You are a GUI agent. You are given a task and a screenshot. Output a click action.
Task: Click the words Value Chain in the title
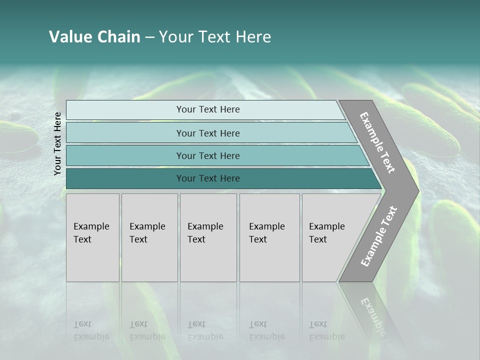pos(94,37)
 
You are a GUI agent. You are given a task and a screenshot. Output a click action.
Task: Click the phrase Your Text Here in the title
pos(215,37)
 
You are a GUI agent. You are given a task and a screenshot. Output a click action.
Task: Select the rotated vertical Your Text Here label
pos(57,143)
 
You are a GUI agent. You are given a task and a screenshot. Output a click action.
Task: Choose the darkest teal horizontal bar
pos(125,178)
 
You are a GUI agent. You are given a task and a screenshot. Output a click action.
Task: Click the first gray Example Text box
pos(92,237)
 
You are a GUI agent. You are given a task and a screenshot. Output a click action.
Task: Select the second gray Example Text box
pos(149,237)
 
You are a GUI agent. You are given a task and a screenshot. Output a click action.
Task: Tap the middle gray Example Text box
pos(208,237)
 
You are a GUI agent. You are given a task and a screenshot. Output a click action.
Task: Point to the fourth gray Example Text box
pos(269,237)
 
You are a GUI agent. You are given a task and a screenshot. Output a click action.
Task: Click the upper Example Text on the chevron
pos(377,142)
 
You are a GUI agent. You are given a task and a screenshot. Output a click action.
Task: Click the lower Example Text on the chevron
pos(379,236)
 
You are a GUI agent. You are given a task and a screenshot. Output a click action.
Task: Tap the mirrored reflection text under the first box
pos(91,330)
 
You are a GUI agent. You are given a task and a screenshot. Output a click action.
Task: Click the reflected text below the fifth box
pos(327,330)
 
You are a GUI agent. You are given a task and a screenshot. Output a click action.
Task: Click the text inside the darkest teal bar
pos(208,178)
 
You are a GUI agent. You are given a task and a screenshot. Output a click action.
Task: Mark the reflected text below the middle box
pos(205,330)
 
